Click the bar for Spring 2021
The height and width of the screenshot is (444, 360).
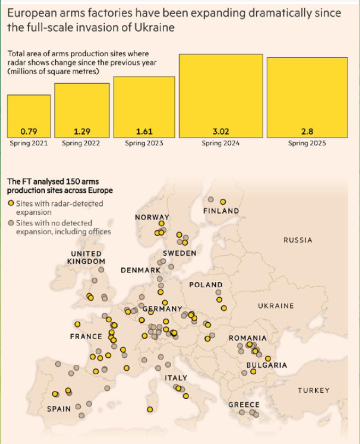[28, 116]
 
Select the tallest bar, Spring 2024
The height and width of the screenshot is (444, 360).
[221, 96]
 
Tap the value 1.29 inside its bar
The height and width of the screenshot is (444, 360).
[81, 132]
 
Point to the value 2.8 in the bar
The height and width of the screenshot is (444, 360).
[306, 132]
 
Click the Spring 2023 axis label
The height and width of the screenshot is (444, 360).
[144, 144]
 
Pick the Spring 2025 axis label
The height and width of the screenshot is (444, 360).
[306, 144]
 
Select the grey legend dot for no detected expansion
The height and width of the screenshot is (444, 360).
[11, 223]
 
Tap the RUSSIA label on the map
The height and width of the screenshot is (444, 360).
[298, 240]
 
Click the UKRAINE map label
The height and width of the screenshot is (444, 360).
[276, 306]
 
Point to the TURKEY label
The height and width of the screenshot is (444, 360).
[314, 390]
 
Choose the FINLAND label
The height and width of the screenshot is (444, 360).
[221, 211]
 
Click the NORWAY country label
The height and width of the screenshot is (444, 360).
[152, 217]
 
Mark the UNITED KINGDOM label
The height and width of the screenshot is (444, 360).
[86, 257]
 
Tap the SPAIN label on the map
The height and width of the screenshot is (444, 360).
[58, 409]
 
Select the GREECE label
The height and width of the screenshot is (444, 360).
[244, 405]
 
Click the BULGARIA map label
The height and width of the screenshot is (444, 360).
[267, 365]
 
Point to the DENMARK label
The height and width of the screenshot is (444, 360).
[141, 270]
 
